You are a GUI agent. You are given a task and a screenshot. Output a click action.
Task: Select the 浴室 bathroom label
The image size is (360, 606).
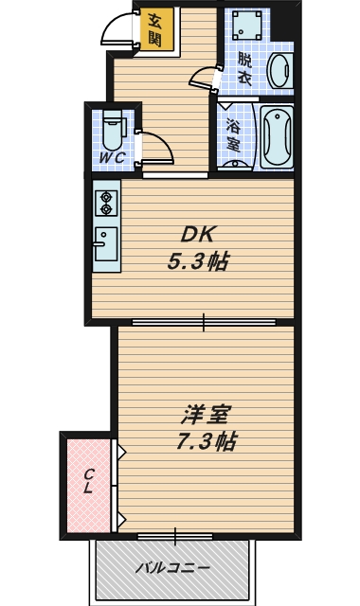click(x=231, y=134)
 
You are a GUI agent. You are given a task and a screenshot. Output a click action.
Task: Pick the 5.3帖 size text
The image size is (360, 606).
click(x=199, y=261)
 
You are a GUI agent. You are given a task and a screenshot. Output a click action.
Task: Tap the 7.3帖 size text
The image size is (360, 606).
click(x=207, y=441)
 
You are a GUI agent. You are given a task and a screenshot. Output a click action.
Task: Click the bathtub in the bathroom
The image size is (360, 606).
click(x=278, y=136)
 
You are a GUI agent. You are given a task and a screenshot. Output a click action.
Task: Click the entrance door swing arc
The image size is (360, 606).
click(x=118, y=28)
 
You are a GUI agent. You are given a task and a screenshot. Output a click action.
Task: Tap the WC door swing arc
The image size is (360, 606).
click(x=156, y=147)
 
